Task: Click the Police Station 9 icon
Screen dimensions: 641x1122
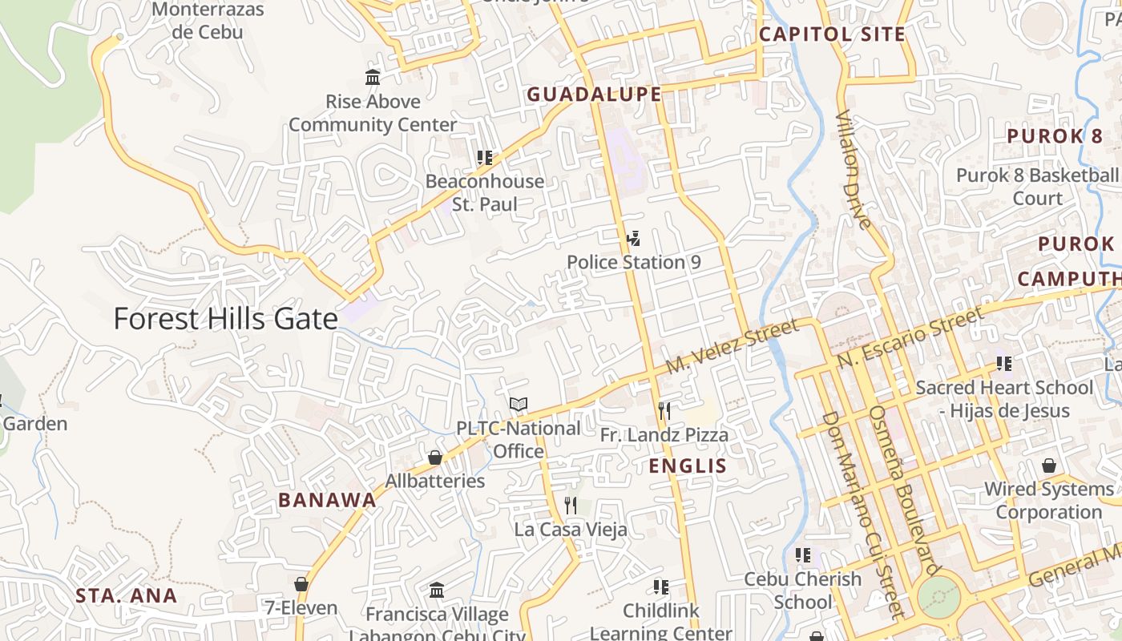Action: pos(633,239)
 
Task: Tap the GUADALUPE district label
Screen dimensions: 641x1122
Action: pos(594,95)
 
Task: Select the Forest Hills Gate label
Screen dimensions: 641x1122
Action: pos(225,319)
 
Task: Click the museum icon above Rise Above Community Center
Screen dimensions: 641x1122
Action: pos(373,78)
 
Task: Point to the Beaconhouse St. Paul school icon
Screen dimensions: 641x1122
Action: pos(484,158)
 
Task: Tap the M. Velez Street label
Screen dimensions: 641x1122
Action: pos(733,345)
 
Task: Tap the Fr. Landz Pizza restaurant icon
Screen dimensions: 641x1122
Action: pos(664,411)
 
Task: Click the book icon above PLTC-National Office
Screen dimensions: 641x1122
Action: pos(519,405)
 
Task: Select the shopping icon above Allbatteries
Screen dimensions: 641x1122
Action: pos(434,458)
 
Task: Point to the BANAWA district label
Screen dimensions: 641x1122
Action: pos(327,500)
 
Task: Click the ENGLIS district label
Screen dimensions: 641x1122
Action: pos(688,466)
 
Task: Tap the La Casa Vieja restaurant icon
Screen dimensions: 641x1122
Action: pos(570,506)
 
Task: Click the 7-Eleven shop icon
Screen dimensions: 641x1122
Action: pos(301,584)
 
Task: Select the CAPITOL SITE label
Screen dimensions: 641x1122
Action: pos(832,34)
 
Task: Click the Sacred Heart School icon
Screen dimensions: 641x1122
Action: pos(1003,364)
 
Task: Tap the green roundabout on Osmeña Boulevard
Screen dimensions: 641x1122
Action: pos(938,597)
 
